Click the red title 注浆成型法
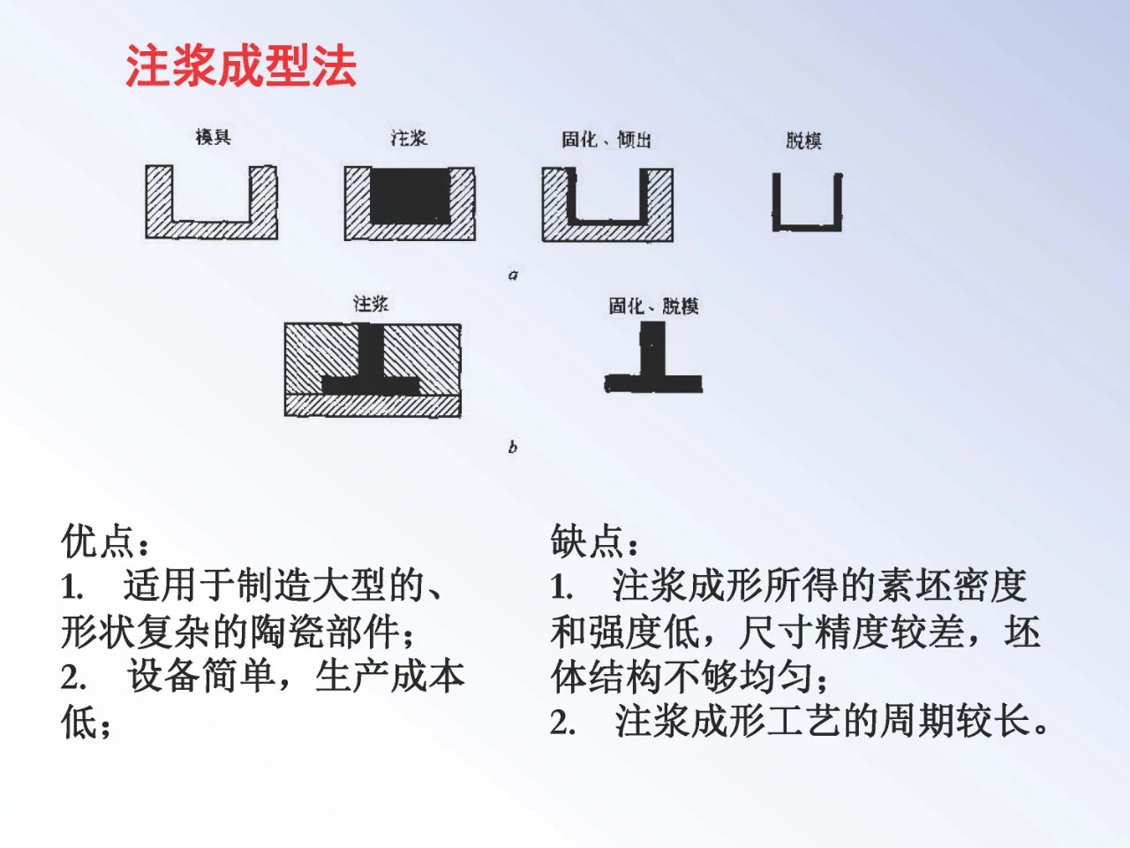pyautogui.click(x=240, y=66)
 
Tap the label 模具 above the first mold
pyautogui.click(x=213, y=137)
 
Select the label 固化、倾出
pyautogui.click(x=606, y=140)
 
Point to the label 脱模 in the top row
pyautogui.click(x=803, y=140)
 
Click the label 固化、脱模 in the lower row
pyautogui.click(x=653, y=306)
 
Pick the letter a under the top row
pyautogui.click(x=513, y=275)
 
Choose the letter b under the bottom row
pyautogui.click(x=513, y=447)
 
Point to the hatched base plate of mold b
pyautogui.click(x=372, y=405)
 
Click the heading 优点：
pyautogui.click(x=106, y=541)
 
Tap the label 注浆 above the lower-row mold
pyautogui.click(x=371, y=304)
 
